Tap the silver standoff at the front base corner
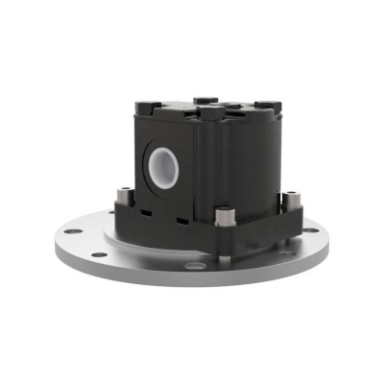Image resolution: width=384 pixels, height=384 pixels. (x=224, y=217)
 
